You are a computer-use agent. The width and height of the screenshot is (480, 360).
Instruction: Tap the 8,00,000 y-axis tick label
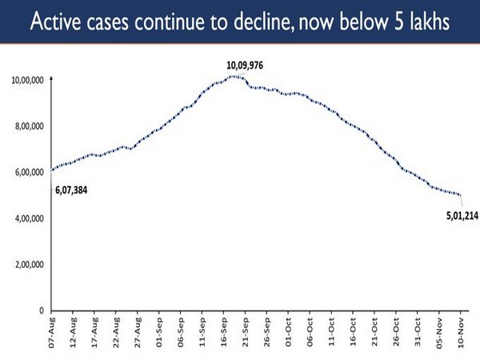click(28, 126)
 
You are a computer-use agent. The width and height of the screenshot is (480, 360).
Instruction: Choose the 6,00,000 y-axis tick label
click(28, 172)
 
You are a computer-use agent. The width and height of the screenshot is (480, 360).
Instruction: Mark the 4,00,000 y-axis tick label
click(28, 218)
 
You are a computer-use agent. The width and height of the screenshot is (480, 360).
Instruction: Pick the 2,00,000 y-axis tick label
click(28, 264)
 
